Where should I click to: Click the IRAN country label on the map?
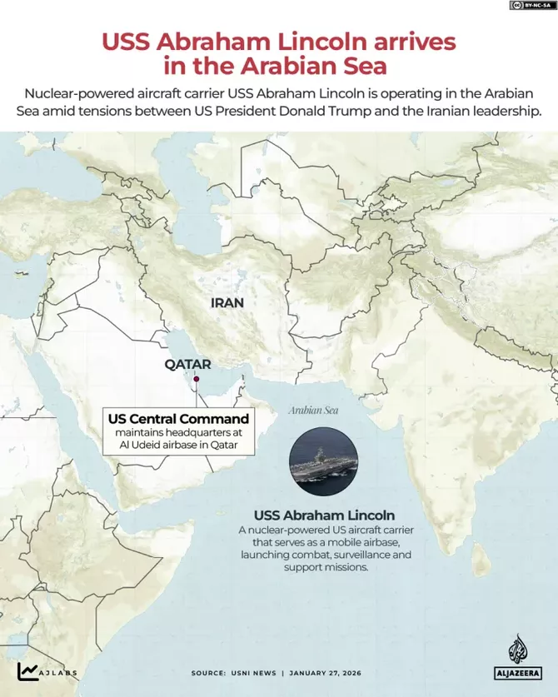[227, 303]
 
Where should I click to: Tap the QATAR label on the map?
[187, 364]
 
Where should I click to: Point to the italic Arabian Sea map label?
[313, 411]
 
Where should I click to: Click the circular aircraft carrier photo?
[324, 464]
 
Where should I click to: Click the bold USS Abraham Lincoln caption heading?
[325, 515]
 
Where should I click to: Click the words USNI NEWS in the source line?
[251, 673]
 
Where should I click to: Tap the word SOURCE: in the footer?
[208, 673]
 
